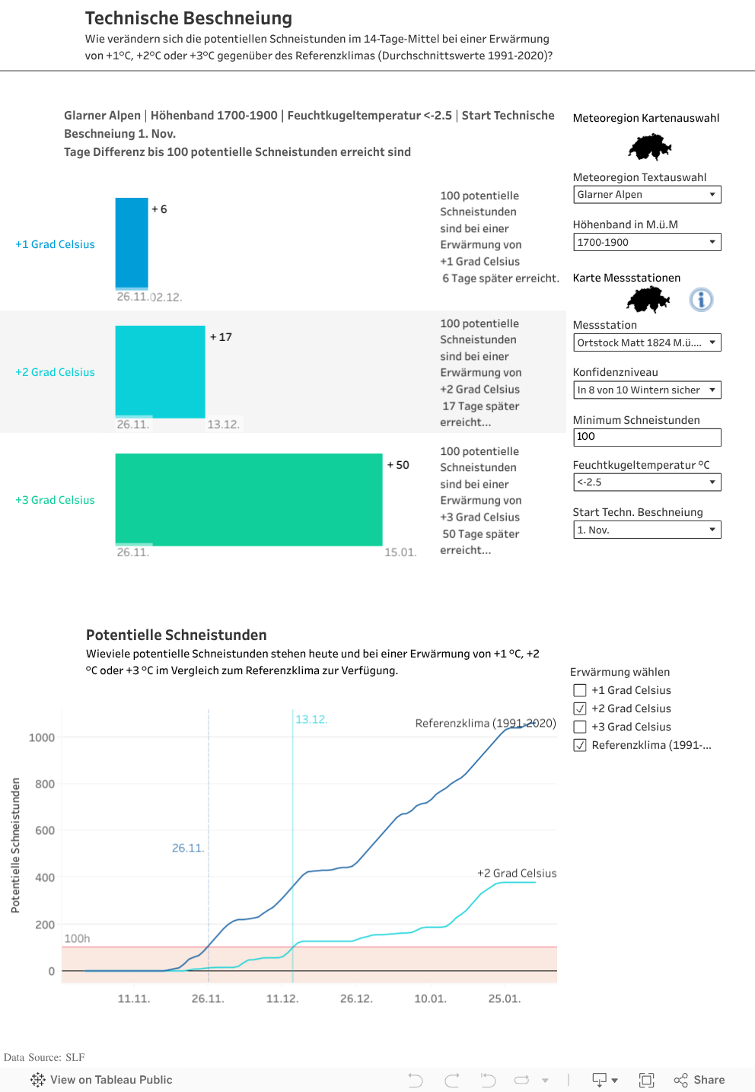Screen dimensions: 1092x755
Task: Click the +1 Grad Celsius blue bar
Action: click(132, 243)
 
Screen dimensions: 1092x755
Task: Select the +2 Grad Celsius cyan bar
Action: click(160, 371)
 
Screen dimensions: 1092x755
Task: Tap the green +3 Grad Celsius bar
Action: click(248, 499)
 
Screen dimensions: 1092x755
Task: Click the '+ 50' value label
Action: click(398, 465)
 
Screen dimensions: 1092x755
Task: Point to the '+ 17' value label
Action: click(221, 337)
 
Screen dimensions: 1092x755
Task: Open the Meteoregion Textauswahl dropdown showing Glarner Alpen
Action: click(646, 195)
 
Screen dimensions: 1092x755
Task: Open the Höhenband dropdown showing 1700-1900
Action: click(646, 242)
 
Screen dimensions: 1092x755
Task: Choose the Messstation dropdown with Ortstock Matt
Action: click(646, 342)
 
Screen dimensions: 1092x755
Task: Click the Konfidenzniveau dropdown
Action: click(646, 390)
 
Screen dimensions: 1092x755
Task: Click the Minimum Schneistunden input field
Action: click(646, 437)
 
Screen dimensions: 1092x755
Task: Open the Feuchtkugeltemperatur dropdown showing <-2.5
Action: click(646, 482)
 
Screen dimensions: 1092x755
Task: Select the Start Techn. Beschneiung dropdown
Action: click(646, 530)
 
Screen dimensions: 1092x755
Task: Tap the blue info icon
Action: click(701, 299)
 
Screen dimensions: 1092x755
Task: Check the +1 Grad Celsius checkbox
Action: click(580, 690)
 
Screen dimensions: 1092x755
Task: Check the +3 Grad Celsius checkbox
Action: click(580, 727)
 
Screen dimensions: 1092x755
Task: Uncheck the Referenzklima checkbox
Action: click(580, 745)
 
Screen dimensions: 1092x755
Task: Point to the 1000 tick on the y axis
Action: click(42, 737)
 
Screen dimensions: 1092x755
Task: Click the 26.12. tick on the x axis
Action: click(356, 998)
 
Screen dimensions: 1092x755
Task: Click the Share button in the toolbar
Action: click(699, 1080)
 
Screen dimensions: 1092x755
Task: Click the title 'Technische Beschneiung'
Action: click(188, 18)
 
